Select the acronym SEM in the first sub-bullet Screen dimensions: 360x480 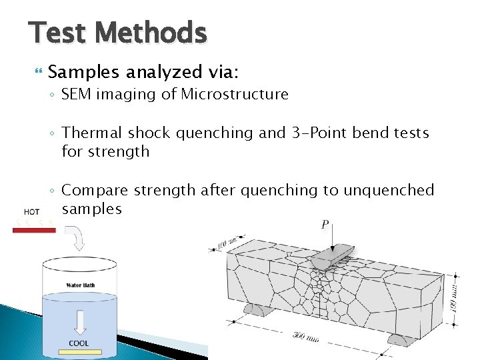pos(77,95)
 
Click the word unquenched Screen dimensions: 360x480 pos(389,191)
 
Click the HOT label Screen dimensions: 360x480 pos(31,211)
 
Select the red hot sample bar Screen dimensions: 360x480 pos(33,230)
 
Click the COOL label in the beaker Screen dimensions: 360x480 pos(79,344)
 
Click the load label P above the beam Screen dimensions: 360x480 pos(324,225)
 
